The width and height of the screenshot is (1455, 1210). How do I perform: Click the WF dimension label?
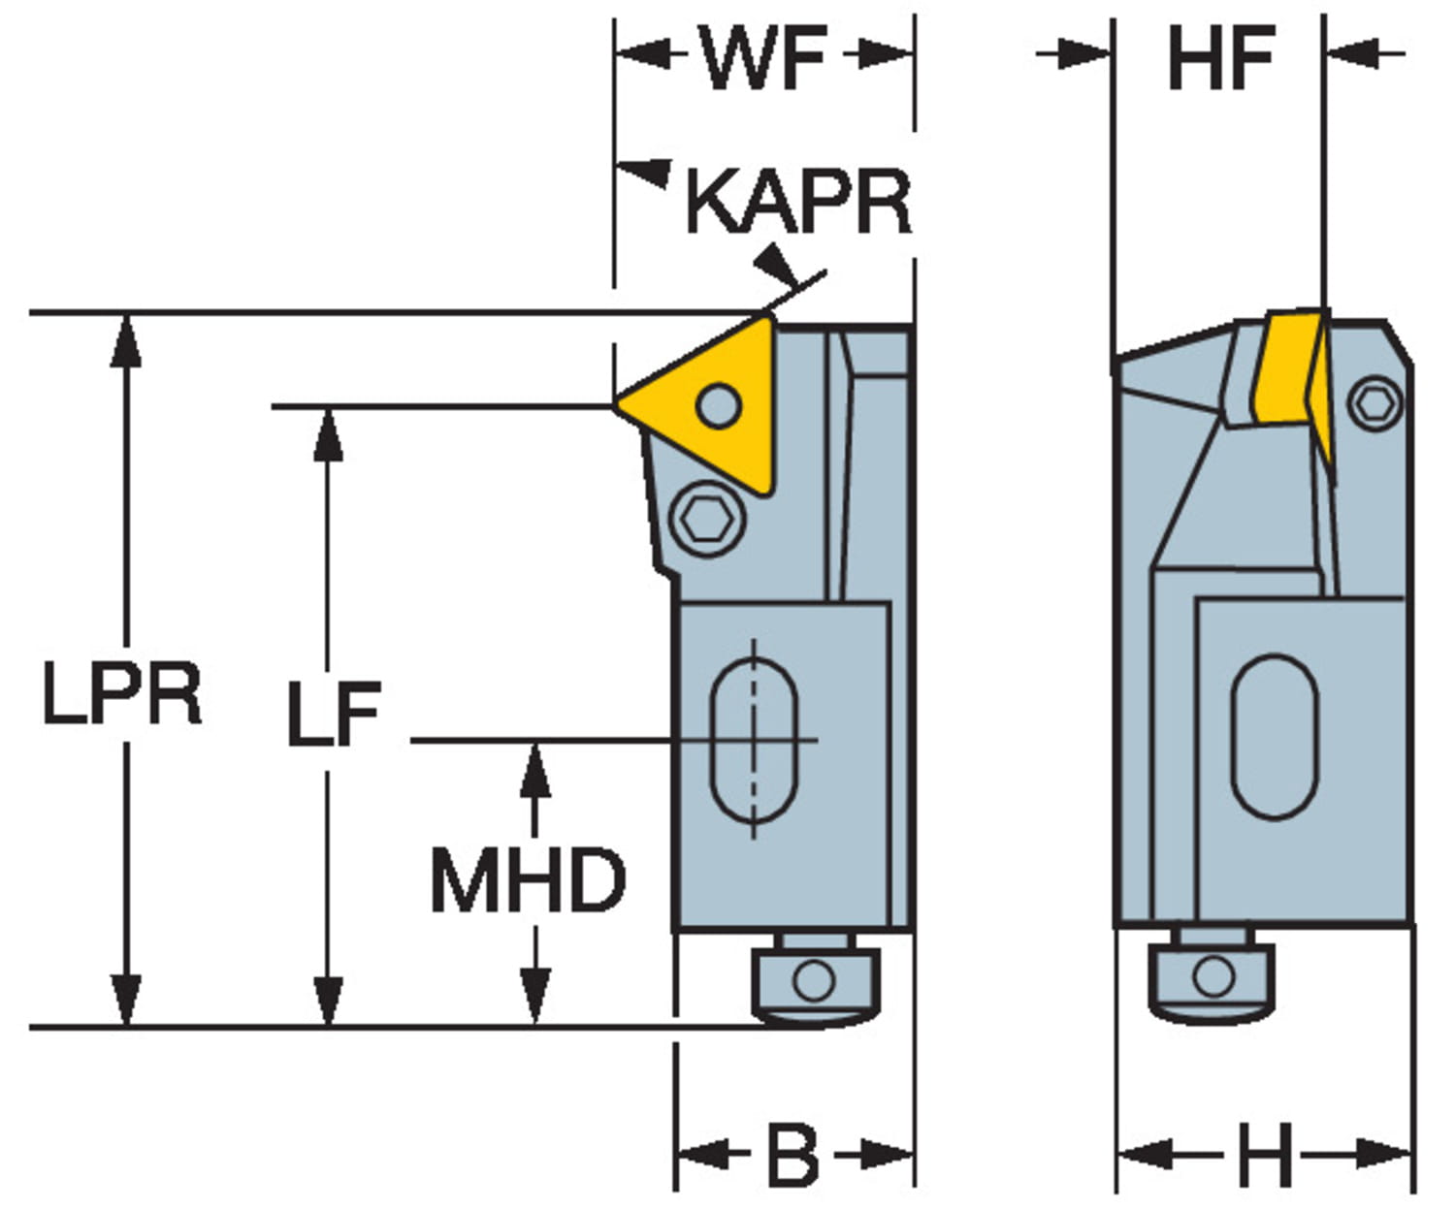tap(764, 58)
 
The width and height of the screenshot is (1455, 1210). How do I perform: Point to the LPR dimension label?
tap(122, 694)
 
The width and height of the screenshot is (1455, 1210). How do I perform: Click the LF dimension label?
tap(334, 716)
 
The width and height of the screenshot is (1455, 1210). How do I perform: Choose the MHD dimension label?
tap(528, 880)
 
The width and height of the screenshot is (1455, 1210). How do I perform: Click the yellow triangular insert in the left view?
tap(708, 407)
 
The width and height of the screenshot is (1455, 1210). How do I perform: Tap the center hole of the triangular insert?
tap(718, 405)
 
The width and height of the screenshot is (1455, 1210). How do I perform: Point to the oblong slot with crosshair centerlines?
tap(755, 741)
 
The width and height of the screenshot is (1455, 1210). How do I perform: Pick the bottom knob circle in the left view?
tap(813, 979)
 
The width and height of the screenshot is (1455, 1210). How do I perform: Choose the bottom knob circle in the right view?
tap(1212, 975)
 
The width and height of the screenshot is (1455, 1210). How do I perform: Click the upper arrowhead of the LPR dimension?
tap(125, 339)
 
